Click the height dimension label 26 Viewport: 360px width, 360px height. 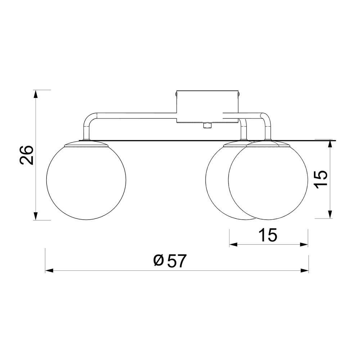(x=27, y=155)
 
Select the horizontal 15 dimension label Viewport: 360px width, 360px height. (x=268, y=235)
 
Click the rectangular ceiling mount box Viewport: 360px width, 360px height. (x=207, y=106)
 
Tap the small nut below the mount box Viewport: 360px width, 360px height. (x=207, y=125)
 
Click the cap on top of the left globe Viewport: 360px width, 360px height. (x=86, y=144)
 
